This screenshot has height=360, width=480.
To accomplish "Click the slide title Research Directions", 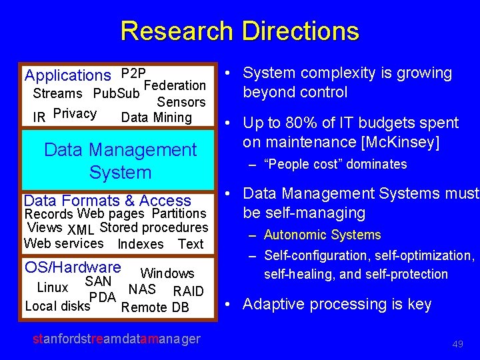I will click(239, 31).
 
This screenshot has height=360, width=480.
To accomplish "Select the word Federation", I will click(175, 85).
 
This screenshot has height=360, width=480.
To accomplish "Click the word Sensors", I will click(181, 102).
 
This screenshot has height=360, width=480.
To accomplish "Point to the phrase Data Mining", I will click(156, 117).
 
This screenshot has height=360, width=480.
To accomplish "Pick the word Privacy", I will click(75, 113).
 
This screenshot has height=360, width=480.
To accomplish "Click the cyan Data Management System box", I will click(120, 161).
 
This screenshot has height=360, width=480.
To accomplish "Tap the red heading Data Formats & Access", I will click(107, 200).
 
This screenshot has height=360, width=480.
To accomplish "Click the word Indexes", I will click(140, 245).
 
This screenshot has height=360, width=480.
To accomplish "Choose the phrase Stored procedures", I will click(153, 228).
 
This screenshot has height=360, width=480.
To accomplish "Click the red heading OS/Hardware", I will click(73, 267).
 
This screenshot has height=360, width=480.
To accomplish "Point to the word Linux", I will click(52, 288).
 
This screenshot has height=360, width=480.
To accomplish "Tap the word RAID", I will click(188, 291).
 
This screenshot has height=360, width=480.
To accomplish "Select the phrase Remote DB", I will click(155, 307).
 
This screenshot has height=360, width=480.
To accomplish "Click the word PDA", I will click(103, 297).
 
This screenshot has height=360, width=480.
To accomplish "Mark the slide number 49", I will click(457, 344).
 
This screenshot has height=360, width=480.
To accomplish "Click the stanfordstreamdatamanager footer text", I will click(116, 339).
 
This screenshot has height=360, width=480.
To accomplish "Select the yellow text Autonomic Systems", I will click(322, 235).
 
